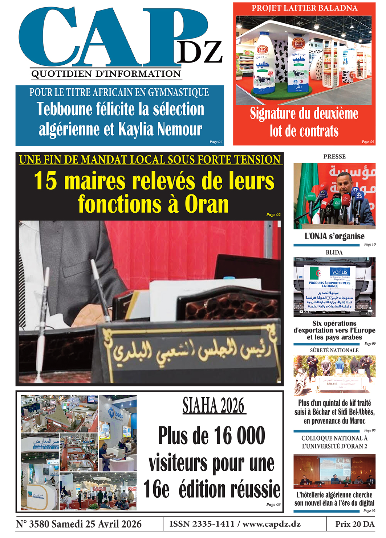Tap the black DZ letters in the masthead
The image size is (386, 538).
point(200,52)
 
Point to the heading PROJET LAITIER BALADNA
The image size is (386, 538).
point(304,8)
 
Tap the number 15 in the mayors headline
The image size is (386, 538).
point(45,181)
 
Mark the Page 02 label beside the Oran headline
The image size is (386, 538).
point(273,214)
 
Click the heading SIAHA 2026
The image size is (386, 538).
point(214,406)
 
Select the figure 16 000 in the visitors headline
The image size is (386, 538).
point(240,435)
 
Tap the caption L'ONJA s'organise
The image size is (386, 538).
point(334,236)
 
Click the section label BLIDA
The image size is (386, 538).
point(334,252)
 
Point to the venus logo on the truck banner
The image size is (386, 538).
point(340,272)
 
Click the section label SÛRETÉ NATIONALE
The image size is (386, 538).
point(334,350)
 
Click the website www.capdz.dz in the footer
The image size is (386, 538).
point(271,524)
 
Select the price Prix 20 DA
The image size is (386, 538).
point(354,524)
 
